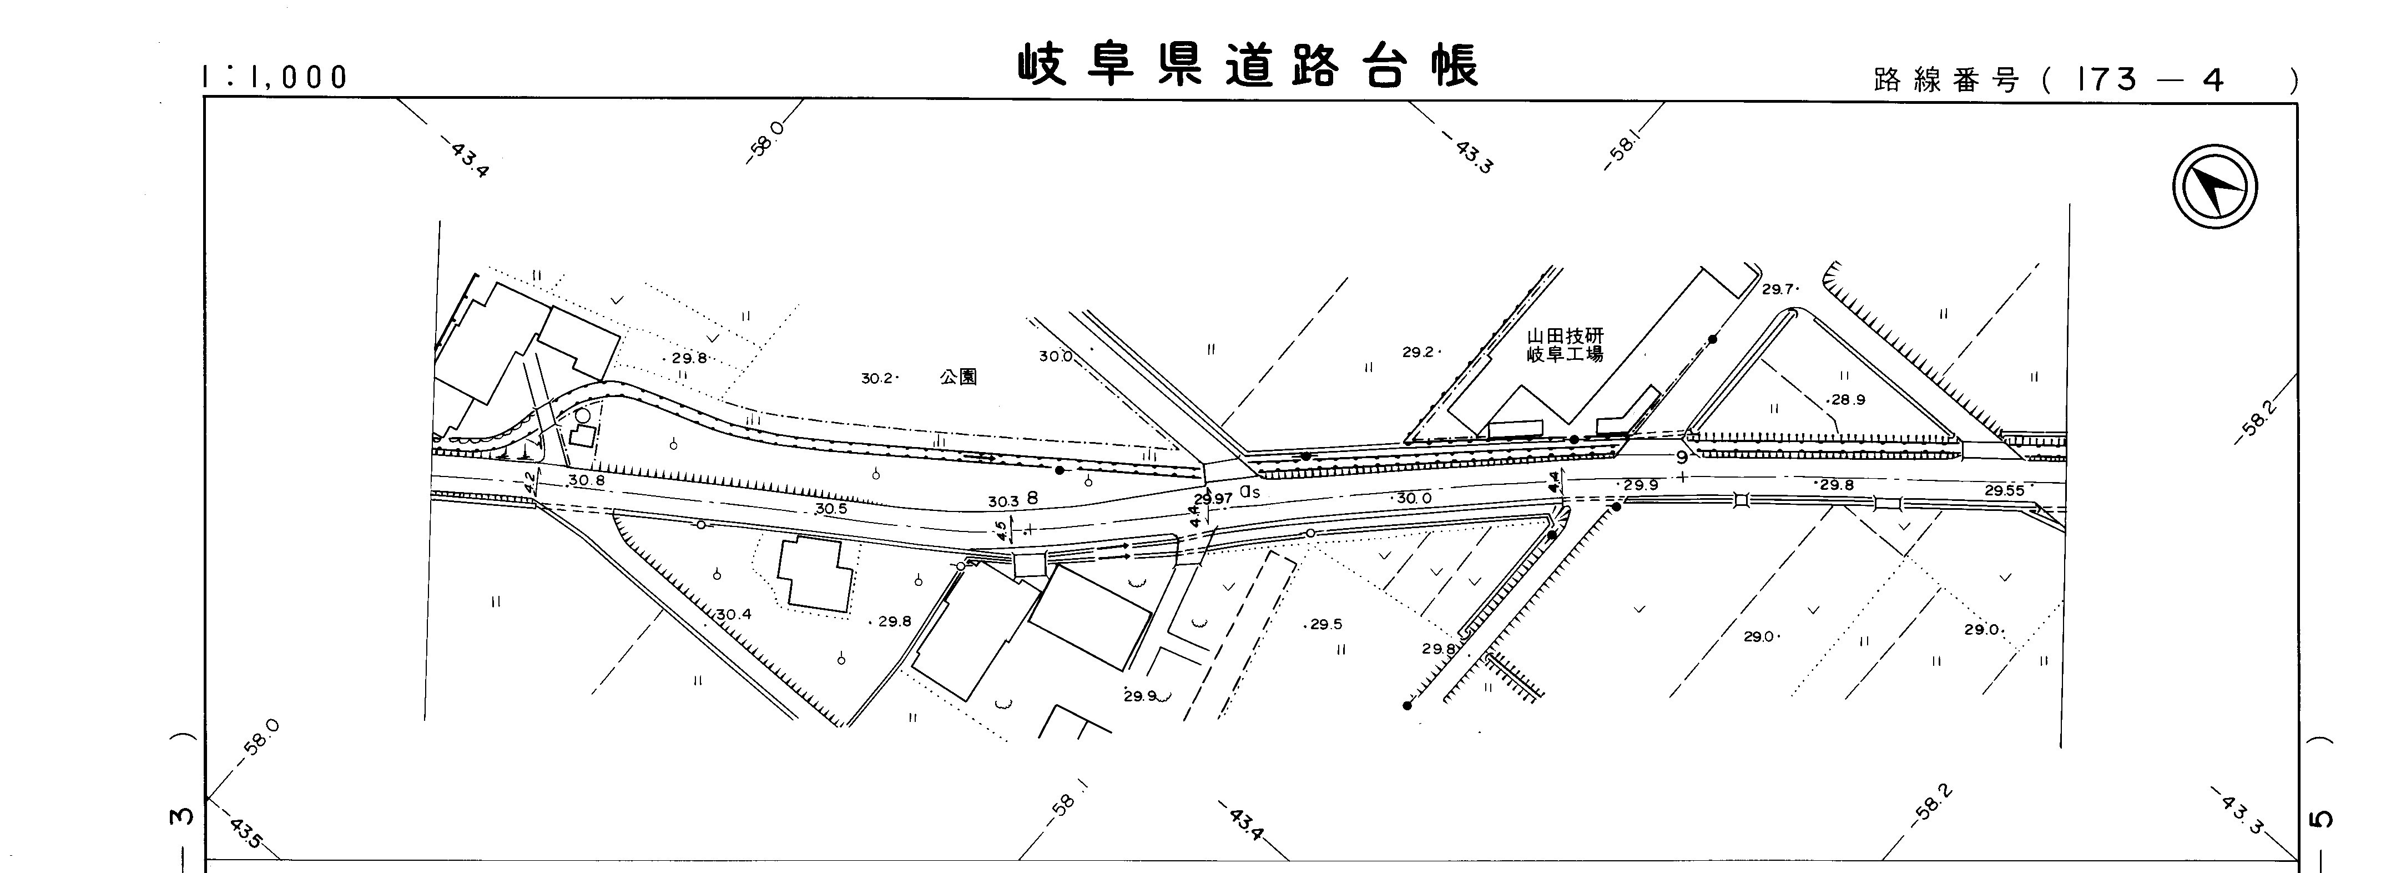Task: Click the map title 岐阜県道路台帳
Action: tap(1248, 66)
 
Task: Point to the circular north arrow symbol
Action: tap(2214, 186)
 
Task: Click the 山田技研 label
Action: tap(1565, 337)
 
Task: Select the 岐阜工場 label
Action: tap(1565, 354)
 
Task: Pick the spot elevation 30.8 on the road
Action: tap(586, 480)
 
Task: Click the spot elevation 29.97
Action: tap(1213, 499)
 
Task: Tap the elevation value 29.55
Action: tap(2004, 491)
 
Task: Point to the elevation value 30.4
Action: tap(734, 614)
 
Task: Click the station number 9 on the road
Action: tap(1681, 458)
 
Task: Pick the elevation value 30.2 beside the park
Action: tap(876, 378)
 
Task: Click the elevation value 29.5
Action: tap(1325, 625)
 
